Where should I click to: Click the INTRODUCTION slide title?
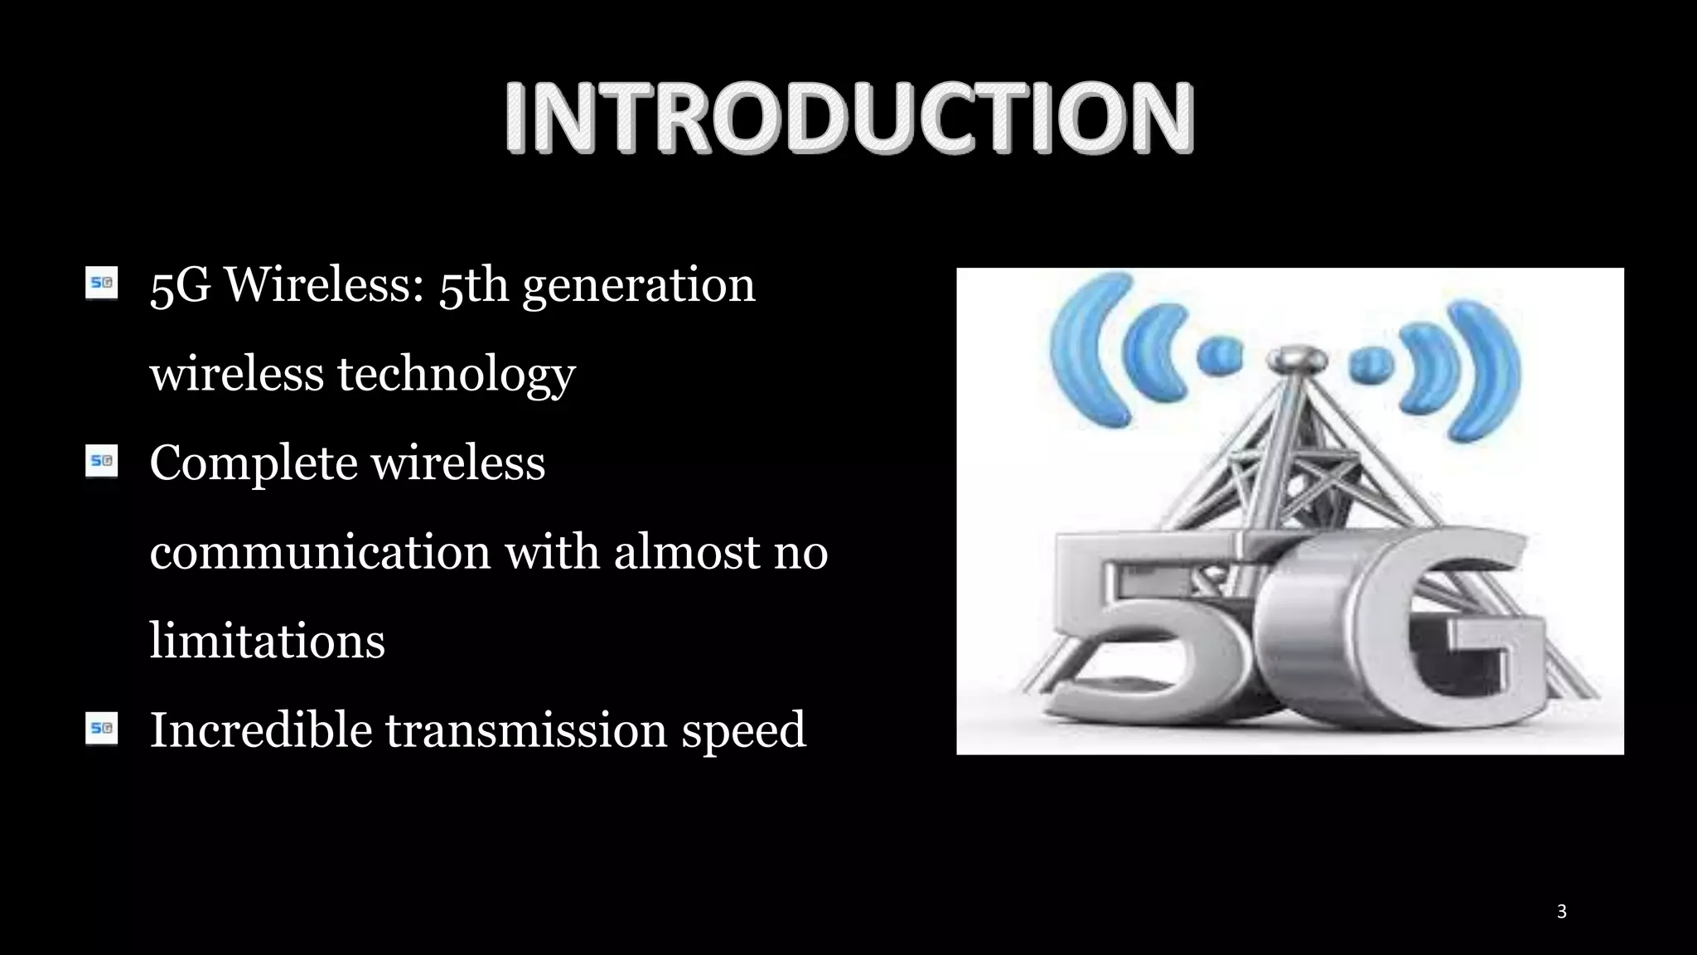(x=849, y=118)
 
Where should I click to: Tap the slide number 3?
(x=1561, y=911)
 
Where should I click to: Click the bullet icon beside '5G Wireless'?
(x=102, y=283)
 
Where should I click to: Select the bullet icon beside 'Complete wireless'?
(x=102, y=461)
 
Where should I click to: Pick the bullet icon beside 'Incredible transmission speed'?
(x=102, y=729)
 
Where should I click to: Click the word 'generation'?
(x=638, y=286)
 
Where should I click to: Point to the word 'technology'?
(x=456, y=375)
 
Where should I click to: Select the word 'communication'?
(x=320, y=552)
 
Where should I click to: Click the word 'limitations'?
(x=267, y=641)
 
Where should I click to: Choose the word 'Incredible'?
(x=260, y=730)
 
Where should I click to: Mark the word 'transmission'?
(x=526, y=730)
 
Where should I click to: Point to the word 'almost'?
(x=686, y=552)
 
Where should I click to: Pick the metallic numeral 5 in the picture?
(x=1152, y=630)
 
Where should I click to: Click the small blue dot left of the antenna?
(x=1220, y=357)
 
